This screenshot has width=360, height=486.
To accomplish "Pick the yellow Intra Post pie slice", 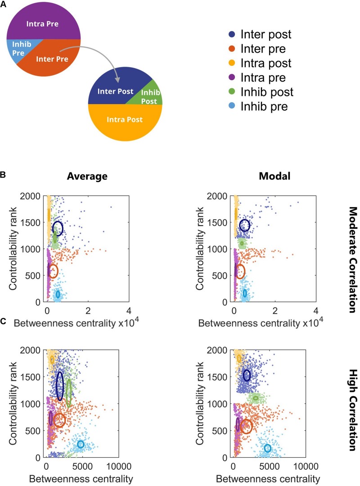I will (x=125, y=120).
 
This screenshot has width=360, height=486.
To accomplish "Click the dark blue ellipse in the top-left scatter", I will (x=58, y=228).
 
